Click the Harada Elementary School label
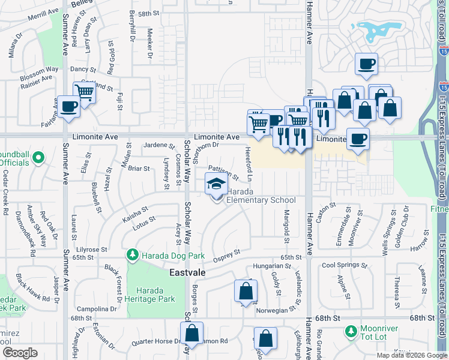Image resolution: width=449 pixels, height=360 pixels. [261, 200]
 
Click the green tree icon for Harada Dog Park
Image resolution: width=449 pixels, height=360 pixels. [131, 256]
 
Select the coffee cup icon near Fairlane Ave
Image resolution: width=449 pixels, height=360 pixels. [69, 107]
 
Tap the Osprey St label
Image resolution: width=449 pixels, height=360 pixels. [228, 256]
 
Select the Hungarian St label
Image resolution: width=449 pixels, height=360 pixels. [272, 266]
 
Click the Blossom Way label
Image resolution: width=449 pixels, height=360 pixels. [39, 74]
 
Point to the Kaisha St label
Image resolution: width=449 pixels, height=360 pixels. [136, 214]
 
